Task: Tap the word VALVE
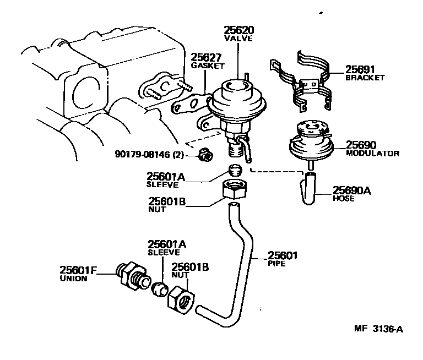[238, 40]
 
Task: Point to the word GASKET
[208, 66]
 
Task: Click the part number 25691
[360, 70]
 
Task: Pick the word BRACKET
[365, 78]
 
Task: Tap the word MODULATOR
[372, 154]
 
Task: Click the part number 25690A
[352, 190]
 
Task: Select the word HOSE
[344, 198]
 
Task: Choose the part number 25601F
[78, 270]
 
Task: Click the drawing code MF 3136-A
[378, 329]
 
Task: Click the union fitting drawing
[132, 275]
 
